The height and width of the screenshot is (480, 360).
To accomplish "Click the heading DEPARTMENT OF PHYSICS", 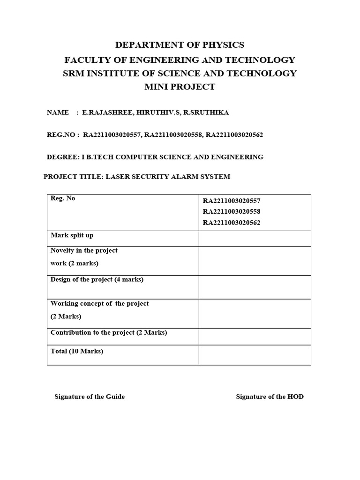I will click(180, 45).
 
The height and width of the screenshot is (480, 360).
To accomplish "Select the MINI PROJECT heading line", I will click(180, 87).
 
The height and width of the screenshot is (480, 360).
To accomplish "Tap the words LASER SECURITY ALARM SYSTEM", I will click(168, 177).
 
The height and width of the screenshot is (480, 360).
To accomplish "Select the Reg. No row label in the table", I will click(63, 198).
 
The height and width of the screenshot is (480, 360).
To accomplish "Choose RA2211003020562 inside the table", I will click(232, 223).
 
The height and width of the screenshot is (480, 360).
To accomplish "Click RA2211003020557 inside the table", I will click(232, 201).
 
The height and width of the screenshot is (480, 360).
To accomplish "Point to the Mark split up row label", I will click(72, 235).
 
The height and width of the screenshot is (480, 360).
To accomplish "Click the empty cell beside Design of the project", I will click(255, 287).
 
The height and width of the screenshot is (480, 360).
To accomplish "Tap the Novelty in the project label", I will click(84, 250).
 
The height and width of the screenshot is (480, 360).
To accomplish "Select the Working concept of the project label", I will click(99, 303).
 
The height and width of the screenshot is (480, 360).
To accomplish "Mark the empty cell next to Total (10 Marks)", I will click(255, 355).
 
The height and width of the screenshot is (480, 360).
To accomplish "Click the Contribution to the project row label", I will click(109, 332).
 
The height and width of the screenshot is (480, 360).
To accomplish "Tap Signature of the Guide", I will click(90, 397).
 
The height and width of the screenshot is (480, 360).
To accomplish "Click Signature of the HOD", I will click(270, 397).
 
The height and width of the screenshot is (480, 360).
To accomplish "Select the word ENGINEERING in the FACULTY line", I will click(149, 60).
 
